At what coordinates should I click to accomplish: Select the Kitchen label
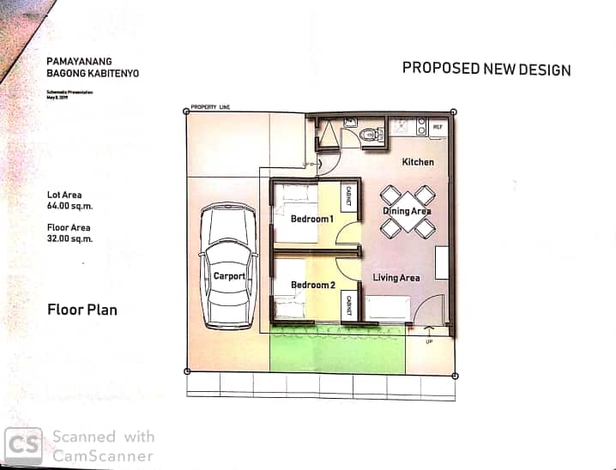click(x=418, y=162)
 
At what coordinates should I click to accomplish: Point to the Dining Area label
click(x=408, y=211)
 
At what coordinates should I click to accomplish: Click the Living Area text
click(x=396, y=277)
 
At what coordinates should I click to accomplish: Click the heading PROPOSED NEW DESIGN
click(x=486, y=69)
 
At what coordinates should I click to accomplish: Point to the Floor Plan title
click(x=82, y=310)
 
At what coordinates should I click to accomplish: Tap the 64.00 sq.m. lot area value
click(x=70, y=207)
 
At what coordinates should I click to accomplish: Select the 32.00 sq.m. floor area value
click(x=70, y=239)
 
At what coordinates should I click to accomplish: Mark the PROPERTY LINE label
click(x=211, y=105)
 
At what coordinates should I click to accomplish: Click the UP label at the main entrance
click(x=429, y=341)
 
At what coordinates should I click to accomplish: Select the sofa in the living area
click(x=387, y=308)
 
